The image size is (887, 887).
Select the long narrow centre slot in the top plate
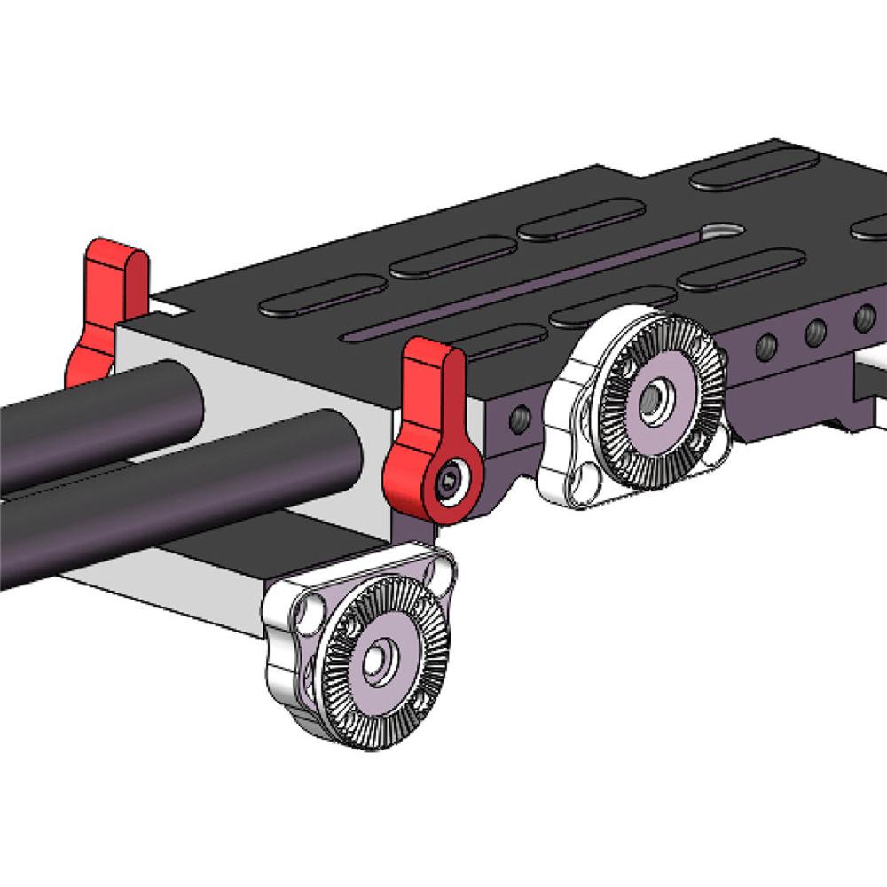point(532,284)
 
